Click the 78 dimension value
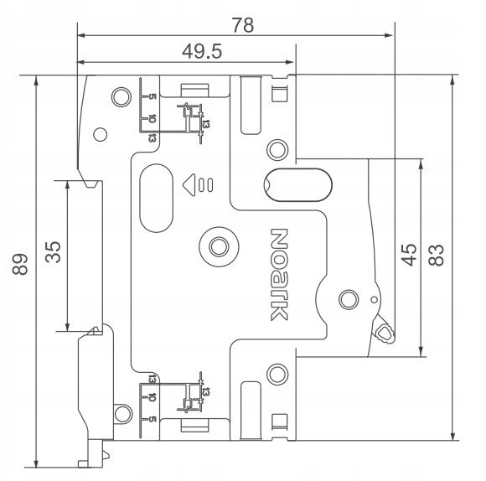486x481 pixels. [243, 25]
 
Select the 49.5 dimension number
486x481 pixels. [202, 51]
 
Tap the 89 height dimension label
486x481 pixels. [20, 264]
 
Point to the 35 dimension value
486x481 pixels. [53, 252]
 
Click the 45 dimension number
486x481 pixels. [409, 255]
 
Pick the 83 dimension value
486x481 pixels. [436, 255]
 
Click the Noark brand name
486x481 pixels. [279, 275]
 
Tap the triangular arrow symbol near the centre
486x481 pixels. [189, 184]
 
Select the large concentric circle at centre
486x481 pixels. [220, 247]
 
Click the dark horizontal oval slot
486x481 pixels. [297, 185]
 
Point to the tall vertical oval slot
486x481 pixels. [156, 198]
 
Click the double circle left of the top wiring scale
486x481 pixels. [121, 97]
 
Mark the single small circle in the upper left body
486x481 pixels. [100, 135]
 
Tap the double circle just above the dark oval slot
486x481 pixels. [277, 150]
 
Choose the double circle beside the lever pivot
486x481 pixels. [349, 300]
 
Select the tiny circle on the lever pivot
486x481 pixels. [374, 300]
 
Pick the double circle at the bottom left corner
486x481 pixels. [122, 413]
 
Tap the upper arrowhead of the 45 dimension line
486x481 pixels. [421, 164]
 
